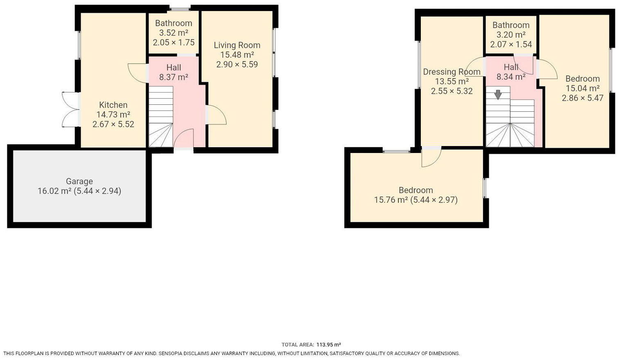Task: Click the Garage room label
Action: (x=79, y=181)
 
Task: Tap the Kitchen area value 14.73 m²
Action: (x=113, y=115)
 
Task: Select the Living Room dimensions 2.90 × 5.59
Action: (x=237, y=64)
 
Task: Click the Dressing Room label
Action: (x=452, y=72)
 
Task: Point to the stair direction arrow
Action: (x=498, y=94)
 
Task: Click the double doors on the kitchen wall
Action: (x=70, y=109)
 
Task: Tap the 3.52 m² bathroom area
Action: (x=174, y=33)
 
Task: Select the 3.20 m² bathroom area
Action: (x=511, y=35)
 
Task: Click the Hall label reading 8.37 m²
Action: (x=174, y=68)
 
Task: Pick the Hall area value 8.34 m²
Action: (x=511, y=76)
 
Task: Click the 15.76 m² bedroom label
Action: (x=416, y=190)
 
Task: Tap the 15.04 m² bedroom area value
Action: (x=583, y=88)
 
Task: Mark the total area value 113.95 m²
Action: (x=329, y=345)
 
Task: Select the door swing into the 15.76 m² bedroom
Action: (x=431, y=157)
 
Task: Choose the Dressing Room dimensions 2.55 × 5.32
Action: (x=452, y=91)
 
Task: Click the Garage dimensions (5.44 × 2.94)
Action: (x=97, y=191)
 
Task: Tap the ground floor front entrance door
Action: (x=183, y=139)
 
